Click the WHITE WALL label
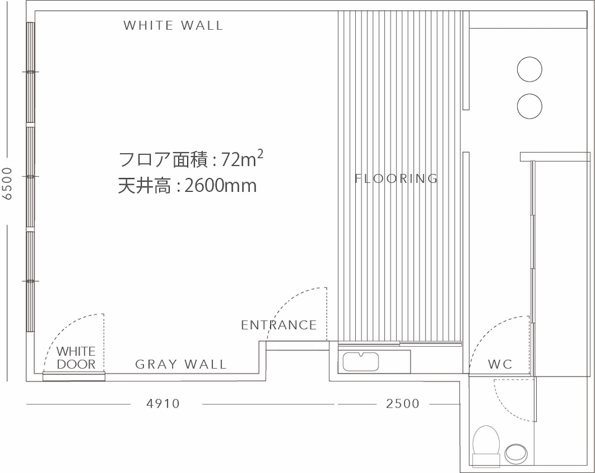(173, 26)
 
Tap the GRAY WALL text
(181, 365)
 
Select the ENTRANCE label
(279, 325)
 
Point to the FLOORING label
(396, 178)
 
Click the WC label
(500, 365)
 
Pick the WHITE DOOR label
(76, 357)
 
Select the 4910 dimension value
(163, 403)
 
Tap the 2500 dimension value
(403, 403)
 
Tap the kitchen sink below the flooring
(361, 362)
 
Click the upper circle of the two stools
(530, 69)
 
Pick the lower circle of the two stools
(530, 106)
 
